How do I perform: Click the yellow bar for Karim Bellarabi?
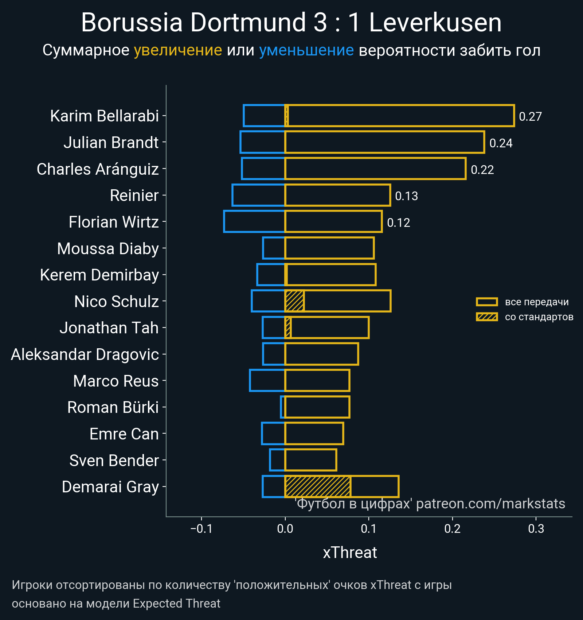[x=399, y=116]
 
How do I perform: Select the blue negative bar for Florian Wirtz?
[x=254, y=221]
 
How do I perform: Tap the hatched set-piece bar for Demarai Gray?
[x=318, y=487]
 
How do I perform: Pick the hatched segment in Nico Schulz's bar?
[x=294, y=301]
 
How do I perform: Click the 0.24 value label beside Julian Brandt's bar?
[x=501, y=143]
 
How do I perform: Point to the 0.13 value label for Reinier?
[x=406, y=196]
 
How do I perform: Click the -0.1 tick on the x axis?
[x=201, y=528]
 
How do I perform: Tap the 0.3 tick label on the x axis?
[x=536, y=528]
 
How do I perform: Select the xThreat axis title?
[x=350, y=553]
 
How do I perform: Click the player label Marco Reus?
[x=116, y=381]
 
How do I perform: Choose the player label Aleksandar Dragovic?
[x=85, y=354]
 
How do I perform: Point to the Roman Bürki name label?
[x=113, y=407]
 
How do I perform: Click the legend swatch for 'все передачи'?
[x=486, y=302]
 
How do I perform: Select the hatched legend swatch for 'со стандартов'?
[x=486, y=317]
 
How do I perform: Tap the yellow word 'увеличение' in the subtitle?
[x=178, y=50]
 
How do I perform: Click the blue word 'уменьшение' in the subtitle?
[x=306, y=50]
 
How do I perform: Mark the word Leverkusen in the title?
[x=435, y=23]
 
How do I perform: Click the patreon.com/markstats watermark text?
[x=490, y=504]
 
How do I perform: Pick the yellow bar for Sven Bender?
[x=310, y=460]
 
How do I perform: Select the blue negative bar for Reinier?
[x=258, y=195]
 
